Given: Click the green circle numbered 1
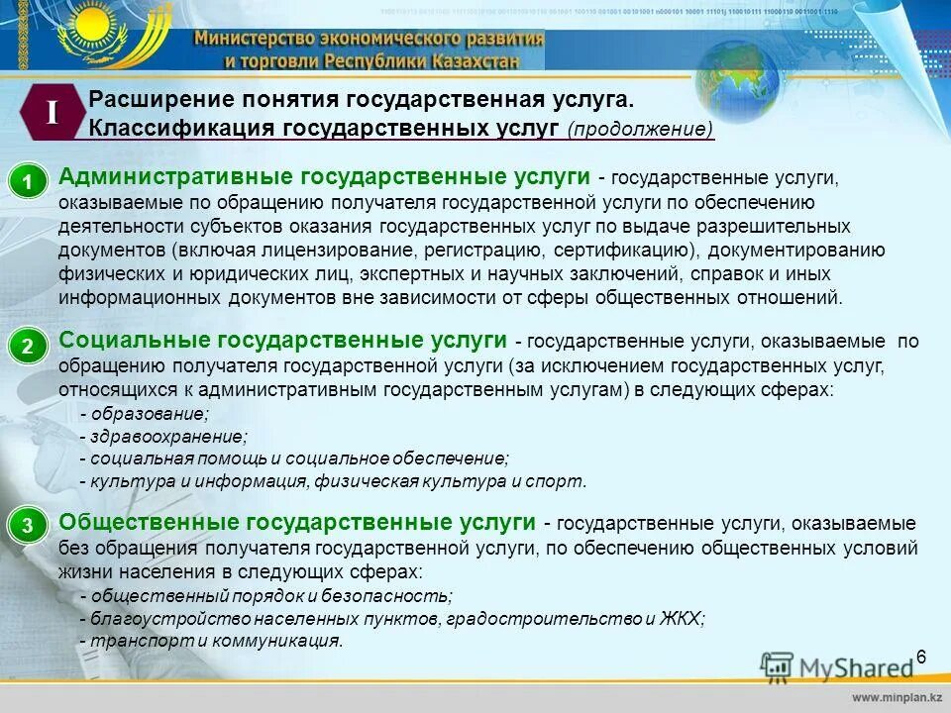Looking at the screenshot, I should [x=29, y=182].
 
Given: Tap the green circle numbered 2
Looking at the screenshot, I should [x=29, y=347].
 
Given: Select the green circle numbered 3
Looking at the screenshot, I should [x=29, y=528].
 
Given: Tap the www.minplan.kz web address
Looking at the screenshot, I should [x=893, y=697].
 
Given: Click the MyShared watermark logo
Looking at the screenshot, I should [x=838, y=666].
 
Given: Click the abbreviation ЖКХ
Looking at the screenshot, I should [x=681, y=618].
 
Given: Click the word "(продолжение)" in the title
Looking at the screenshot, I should [x=641, y=130].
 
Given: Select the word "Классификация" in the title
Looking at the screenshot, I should [x=181, y=129].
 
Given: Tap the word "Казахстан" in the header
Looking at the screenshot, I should [x=475, y=59].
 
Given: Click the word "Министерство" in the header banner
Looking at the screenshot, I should [x=254, y=39].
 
